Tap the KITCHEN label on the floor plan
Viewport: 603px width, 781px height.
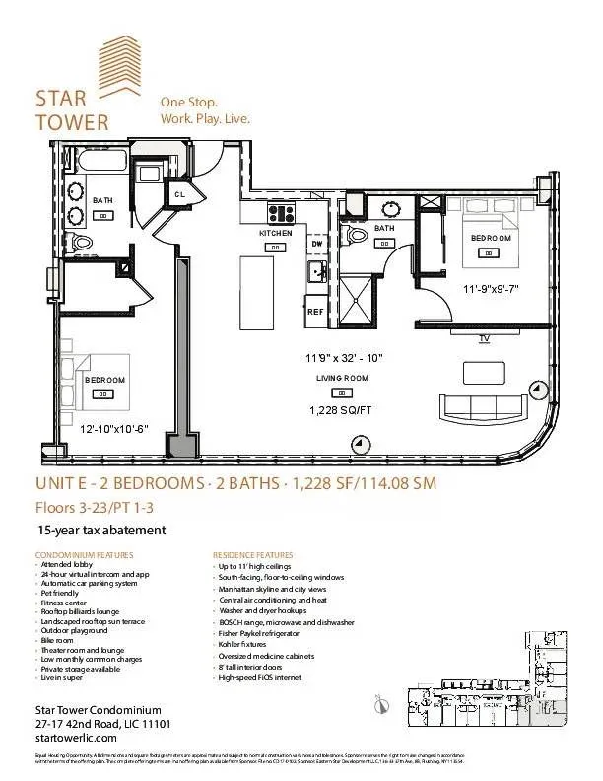pos(276,233)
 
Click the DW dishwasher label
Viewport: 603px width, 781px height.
pos(317,243)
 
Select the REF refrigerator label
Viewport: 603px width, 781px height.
pos(315,311)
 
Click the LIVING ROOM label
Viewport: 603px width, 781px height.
pos(342,378)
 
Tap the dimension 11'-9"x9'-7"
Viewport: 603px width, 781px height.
pos(491,289)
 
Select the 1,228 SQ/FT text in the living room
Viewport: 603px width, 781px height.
pos(342,410)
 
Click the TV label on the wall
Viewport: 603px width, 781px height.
pos(484,338)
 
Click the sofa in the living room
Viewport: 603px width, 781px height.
pos(484,407)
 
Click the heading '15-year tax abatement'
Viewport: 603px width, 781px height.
pos(100,530)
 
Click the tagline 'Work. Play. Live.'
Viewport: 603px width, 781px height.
pos(205,119)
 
